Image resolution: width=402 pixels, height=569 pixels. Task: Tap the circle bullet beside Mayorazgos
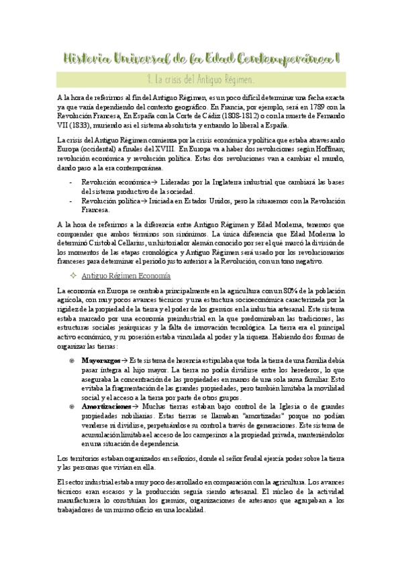click(72, 360)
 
